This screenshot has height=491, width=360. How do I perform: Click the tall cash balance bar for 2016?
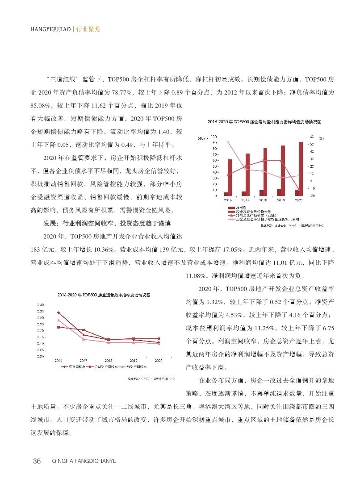click(x=230, y=177)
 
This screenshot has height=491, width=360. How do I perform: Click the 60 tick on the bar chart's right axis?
click(x=312, y=137)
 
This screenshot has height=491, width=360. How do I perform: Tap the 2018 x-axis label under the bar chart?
click(x=263, y=200)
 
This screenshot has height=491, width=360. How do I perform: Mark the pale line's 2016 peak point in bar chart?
click(x=228, y=141)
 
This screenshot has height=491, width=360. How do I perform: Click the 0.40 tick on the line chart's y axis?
click(x=40, y=304)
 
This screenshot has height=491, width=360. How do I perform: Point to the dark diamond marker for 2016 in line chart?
click(x=59, y=312)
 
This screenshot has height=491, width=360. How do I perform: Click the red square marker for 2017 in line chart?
click(x=84, y=331)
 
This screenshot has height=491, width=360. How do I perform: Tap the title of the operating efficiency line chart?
click(x=103, y=295)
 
